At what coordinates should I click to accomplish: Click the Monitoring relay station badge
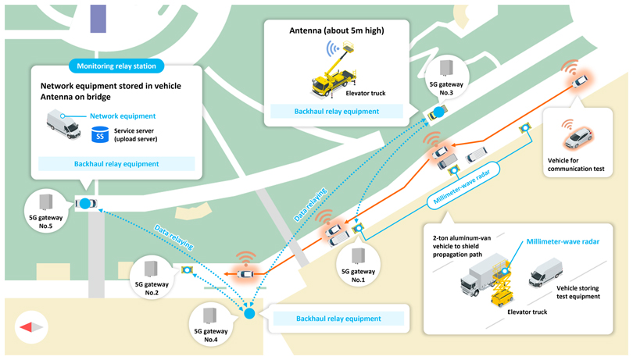pos(116,66)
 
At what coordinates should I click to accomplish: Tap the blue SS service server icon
pos(100,135)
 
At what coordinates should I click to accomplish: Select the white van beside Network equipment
pos(63,123)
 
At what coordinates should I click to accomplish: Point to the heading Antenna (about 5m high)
pos(337,30)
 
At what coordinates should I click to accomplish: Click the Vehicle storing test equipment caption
pos(578,293)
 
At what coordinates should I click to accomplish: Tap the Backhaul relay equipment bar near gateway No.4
pos(338,319)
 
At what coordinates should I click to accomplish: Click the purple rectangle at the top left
pos(98,19)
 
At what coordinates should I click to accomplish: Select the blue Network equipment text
pos(123,116)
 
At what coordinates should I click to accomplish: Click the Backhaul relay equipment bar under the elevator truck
pos(336,112)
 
